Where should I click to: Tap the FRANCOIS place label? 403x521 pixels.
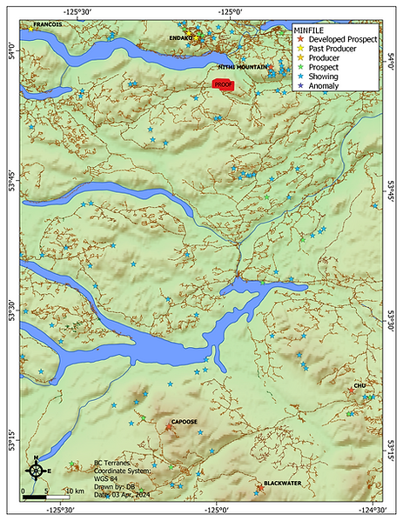[x=47, y=25]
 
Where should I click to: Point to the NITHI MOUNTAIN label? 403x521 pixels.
[x=244, y=67]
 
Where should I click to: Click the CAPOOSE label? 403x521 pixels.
[x=185, y=421]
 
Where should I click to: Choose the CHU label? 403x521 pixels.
[x=359, y=385]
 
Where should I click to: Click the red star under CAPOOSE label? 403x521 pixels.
[x=169, y=426]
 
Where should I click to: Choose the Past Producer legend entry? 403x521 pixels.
[x=334, y=50]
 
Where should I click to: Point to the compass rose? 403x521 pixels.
[x=35, y=470]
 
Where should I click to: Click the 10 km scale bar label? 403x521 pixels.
[x=73, y=491]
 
